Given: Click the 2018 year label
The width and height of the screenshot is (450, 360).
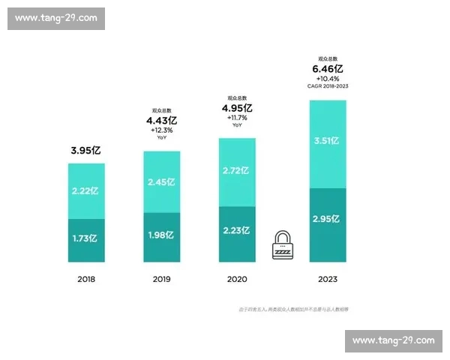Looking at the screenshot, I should point(86,280).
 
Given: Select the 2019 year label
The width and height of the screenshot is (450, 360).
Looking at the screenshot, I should point(161,280).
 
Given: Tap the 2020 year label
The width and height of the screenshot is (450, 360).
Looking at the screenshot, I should point(237,280).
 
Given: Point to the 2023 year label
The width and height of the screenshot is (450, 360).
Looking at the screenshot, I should point(328,280).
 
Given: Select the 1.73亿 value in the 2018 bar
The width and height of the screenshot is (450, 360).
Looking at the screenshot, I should point(86,239).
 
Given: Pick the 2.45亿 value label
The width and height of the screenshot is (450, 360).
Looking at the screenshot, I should point(161,182).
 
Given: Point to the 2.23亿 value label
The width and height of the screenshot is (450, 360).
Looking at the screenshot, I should point(237,231).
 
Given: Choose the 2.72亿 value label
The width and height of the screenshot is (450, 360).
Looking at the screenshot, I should point(237,172).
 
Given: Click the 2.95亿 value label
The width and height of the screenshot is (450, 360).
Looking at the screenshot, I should point(328,220).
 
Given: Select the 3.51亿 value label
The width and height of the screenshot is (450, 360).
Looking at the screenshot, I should point(328,140).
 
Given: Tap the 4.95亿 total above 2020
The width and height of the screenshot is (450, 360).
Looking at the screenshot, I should point(237,108).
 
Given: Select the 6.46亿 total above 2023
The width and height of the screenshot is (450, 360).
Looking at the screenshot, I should point(328,69).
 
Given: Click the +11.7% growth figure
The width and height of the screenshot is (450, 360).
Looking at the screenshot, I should point(237,118).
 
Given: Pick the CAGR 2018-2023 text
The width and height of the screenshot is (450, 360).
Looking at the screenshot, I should point(328,86).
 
